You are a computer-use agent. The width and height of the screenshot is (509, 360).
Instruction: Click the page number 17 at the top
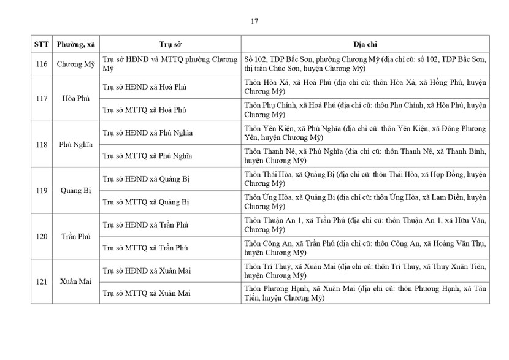tap(255, 21)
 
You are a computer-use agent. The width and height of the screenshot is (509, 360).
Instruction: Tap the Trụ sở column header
tap(170, 45)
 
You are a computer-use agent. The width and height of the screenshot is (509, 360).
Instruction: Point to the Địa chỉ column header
tap(365, 45)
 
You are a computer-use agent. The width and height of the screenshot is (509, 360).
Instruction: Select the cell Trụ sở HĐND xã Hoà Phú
tap(145, 87)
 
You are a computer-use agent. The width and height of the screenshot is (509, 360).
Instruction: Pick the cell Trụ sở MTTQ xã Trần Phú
tap(145, 247)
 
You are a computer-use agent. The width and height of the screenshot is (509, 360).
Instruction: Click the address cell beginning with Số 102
tap(365, 64)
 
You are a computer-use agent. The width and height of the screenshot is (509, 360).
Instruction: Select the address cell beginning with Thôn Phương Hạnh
tap(365, 293)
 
